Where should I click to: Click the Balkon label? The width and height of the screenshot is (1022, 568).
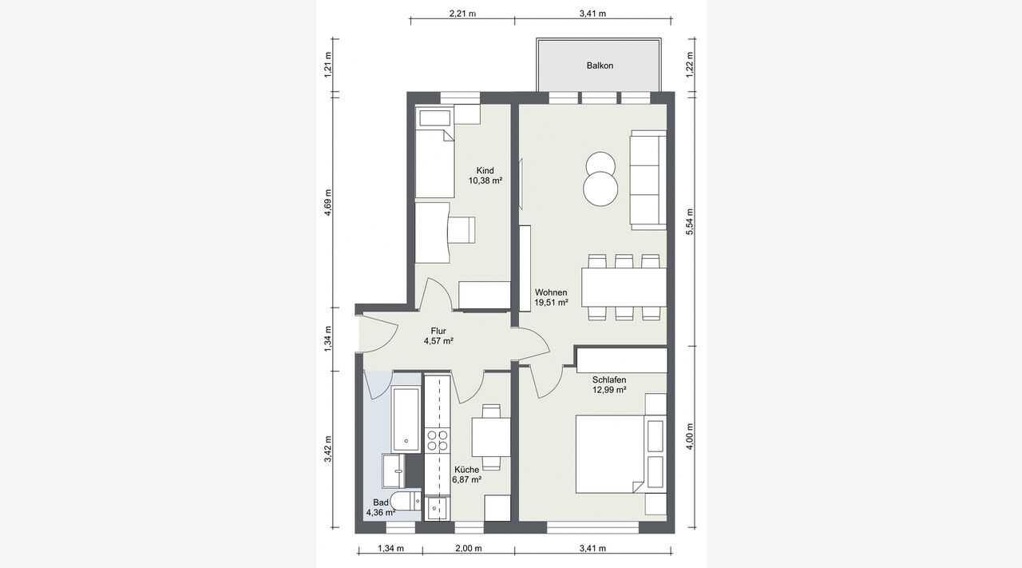coord(600,66)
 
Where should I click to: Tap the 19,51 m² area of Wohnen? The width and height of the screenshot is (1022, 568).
coord(551,302)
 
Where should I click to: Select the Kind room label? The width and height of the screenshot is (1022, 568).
coord(485,170)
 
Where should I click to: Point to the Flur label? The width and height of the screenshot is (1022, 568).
coord(438,331)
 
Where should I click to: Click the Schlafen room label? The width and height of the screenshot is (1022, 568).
coord(609,380)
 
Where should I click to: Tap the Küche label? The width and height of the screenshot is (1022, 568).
coord(467,470)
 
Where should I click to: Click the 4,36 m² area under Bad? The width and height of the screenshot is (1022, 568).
coord(381,513)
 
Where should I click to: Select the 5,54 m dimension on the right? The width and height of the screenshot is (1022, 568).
coord(689,222)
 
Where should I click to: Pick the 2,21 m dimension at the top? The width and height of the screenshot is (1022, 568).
coord(462,14)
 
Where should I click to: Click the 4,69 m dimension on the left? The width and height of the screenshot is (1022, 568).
coord(327,202)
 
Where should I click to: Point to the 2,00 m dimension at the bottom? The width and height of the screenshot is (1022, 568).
coord(469,548)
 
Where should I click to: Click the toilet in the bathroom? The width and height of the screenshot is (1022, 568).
coord(406,502)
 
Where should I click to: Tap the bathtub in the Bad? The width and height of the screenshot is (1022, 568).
coord(406,420)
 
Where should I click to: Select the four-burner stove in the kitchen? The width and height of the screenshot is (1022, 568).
coord(437,440)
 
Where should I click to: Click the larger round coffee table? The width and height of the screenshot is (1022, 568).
coord(600,189)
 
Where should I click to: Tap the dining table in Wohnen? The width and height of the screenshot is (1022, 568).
coord(624,288)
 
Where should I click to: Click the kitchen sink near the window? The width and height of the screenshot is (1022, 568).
coord(437,509)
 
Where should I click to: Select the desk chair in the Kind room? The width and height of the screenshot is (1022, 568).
coord(461,229)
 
